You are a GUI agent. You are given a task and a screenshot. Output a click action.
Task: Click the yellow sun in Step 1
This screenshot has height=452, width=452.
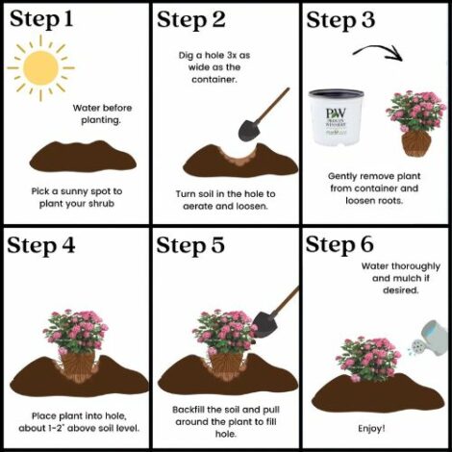tap(40, 68)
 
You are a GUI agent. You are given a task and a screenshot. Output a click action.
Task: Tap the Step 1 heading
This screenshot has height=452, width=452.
tap(41, 19)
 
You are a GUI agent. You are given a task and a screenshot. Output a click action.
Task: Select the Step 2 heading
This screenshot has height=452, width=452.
tap(191, 19)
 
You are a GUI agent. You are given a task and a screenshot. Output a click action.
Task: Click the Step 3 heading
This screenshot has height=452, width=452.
tap(340, 19)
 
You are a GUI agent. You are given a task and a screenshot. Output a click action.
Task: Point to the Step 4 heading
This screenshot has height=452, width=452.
tap(41, 246)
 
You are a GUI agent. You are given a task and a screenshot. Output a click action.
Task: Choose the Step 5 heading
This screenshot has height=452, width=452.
tap(190, 245)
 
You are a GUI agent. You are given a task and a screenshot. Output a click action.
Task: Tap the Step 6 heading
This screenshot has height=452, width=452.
tap(339, 244)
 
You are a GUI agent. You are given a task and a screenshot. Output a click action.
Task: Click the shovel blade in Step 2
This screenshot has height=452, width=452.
tap(248, 130)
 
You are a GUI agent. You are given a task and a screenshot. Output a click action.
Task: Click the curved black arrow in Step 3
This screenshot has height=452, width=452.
tap(378, 52)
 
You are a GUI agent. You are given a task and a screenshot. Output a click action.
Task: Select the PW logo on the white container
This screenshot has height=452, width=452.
tap(336, 113)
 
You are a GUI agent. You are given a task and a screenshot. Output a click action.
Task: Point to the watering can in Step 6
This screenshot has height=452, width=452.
tap(431, 339)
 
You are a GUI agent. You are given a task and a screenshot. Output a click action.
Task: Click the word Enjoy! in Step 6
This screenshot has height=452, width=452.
tap(371, 429)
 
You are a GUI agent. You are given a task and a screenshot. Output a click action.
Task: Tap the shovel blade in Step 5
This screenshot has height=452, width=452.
tap(264, 324)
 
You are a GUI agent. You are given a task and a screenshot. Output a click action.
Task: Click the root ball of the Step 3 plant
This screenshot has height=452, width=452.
tap(415, 144)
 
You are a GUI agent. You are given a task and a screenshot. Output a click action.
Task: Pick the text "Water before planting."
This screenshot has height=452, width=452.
tap(102, 113)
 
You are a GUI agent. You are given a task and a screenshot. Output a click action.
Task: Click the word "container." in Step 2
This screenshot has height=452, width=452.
tap(214, 80)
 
